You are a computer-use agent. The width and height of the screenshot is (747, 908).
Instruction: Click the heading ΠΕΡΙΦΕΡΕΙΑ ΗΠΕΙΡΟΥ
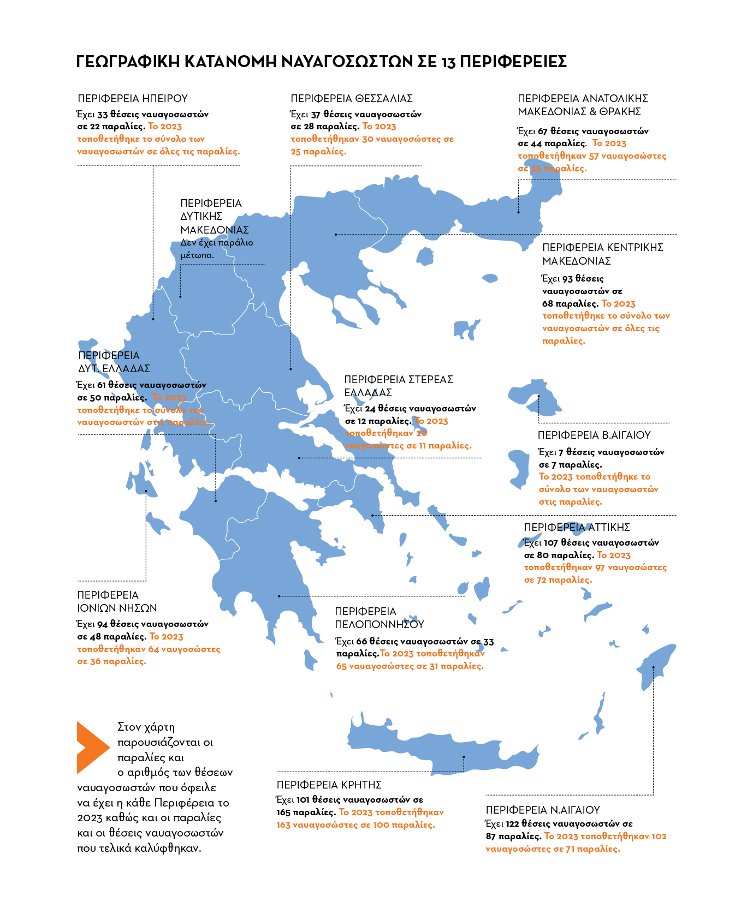pos(133,99)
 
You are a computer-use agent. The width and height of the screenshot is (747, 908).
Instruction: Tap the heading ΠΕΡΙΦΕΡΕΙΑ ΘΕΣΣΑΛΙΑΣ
pos(352,99)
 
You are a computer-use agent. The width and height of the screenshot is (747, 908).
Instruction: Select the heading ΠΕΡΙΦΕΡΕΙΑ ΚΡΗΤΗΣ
pos(329,785)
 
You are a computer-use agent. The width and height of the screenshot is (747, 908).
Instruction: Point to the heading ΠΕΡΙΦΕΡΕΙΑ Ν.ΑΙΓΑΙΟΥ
pos(543,810)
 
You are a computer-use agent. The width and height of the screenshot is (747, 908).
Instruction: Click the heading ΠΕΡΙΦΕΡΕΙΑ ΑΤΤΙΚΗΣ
pos(577,527)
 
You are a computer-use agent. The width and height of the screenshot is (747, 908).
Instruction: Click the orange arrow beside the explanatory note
pos(92,747)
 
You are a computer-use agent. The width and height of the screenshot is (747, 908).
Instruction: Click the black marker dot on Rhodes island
pos(653,667)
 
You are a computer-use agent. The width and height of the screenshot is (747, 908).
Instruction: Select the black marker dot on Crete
pos(464,757)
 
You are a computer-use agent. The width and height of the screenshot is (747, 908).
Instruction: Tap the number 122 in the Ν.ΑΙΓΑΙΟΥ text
pos(512,823)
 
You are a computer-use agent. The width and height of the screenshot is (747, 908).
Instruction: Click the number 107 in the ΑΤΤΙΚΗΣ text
pos(550,543)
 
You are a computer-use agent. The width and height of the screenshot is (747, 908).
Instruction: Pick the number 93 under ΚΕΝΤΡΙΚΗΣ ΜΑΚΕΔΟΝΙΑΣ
pos(567,279)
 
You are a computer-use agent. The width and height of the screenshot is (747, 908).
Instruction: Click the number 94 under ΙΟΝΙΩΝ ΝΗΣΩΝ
pos(103,624)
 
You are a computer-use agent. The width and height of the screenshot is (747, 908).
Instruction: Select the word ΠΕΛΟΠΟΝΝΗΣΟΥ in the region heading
pos(380,624)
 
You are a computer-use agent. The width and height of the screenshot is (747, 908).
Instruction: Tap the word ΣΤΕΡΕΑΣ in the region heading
pos(431,379)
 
